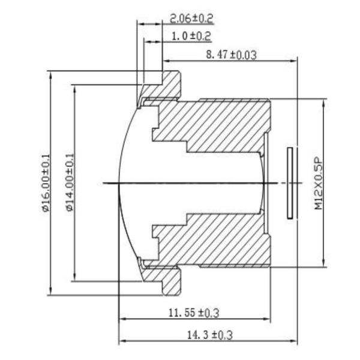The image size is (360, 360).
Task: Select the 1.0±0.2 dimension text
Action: click(191, 36)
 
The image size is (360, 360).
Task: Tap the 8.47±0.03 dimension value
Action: click(231, 55)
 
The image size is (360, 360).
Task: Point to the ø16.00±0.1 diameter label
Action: click(46, 183)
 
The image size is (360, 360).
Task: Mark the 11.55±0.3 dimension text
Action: click(193, 313)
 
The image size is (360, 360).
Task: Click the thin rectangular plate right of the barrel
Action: click(292, 182)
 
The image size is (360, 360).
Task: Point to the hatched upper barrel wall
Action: click(222, 123)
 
